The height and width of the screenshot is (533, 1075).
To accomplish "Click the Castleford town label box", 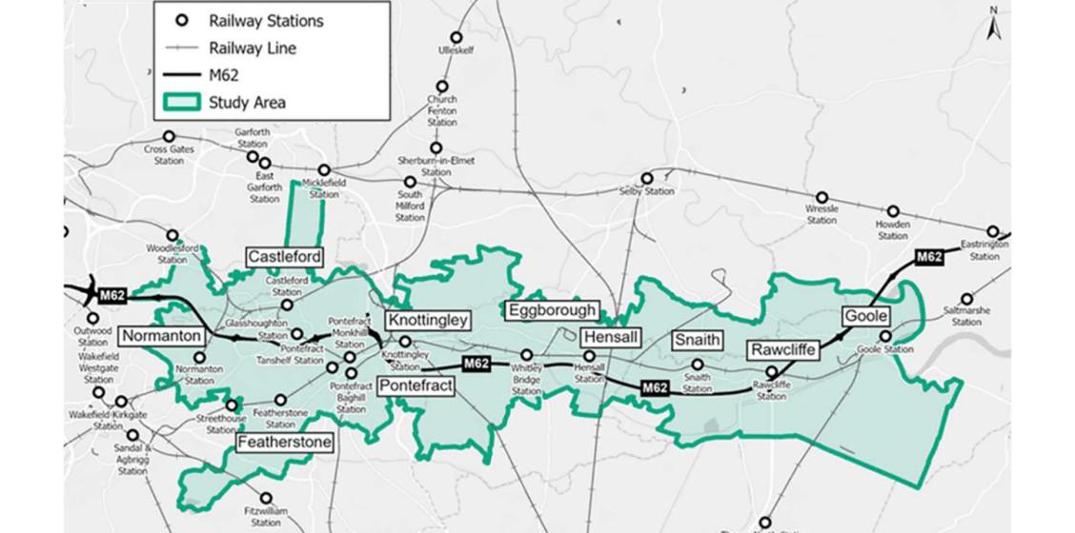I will point(284,257).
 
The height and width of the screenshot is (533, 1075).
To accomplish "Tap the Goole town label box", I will point(865,316).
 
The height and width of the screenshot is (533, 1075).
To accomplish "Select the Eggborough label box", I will point(552,310).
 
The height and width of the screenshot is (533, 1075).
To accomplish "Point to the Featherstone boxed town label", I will point(284,443).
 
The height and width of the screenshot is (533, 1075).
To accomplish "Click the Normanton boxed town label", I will point(161,336).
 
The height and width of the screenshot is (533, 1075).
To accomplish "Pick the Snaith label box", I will point(697,340).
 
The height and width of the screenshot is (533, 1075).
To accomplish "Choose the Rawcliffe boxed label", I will point(782,349).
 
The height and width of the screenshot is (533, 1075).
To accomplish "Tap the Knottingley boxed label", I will point(428,321).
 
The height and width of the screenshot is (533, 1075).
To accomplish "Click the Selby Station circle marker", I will point(647,178).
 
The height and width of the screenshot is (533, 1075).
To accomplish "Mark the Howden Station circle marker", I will point(893,211).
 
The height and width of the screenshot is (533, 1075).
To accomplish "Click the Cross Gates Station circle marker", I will point(169,137).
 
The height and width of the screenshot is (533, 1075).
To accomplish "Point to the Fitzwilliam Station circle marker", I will point(266,498).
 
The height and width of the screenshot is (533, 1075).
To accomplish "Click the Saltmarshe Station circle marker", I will point(966,299).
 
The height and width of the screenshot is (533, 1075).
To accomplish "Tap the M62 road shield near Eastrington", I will point(928,257).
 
